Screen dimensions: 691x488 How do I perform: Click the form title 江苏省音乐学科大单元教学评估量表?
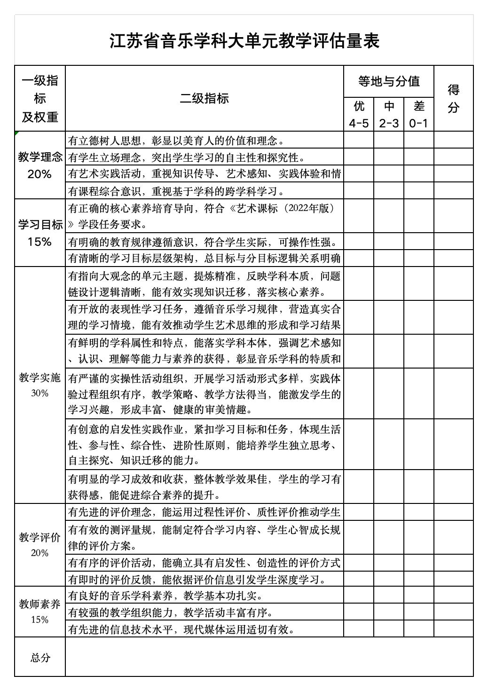[244, 41]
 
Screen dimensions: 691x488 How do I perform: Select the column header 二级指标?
[204, 98]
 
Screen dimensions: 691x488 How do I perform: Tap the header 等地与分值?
[388, 81]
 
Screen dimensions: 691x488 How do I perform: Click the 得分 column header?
[453, 98]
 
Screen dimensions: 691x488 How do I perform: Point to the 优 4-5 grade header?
[359, 114]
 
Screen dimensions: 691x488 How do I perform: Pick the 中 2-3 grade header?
[389, 114]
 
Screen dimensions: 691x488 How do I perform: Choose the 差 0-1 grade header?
[418, 114]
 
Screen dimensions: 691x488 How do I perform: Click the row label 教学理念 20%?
[40, 165]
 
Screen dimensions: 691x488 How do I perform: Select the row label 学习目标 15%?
[40, 233]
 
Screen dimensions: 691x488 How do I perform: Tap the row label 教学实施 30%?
[40, 385]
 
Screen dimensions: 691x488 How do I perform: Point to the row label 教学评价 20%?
[40, 545]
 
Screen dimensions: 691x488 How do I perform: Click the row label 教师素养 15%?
[40, 612]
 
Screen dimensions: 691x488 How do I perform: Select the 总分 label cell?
[40, 657]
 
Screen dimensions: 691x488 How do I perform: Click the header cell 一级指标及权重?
[40, 98]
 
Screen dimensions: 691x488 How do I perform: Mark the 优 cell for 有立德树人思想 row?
[359, 140]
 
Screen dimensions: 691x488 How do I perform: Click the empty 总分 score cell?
[269, 657]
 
